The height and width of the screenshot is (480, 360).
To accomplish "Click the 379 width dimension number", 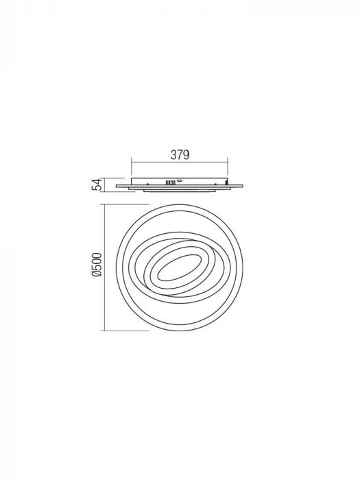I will click(x=180, y=155).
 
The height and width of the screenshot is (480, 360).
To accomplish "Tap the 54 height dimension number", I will click(x=97, y=183).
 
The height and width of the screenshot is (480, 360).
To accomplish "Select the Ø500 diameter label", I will click(x=97, y=265).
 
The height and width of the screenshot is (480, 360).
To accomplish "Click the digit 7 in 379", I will click(x=180, y=155).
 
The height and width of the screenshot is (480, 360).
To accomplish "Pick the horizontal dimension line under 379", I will click(x=180, y=163).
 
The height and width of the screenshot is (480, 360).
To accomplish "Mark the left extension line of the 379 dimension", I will click(x=131, y=170).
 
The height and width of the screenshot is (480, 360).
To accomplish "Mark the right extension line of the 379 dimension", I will click(x=228, y=170).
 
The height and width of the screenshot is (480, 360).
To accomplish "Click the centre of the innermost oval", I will click(x=176, y=268).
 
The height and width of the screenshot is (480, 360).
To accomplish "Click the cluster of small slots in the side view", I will click(x=168, y=183).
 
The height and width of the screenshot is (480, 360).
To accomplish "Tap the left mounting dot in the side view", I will click(x=147, y=183).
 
